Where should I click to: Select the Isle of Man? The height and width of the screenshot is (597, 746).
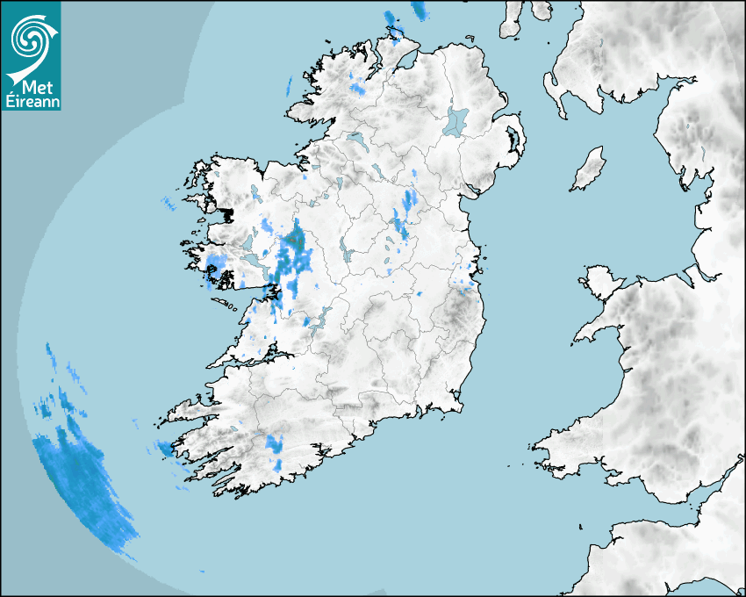point(589,169)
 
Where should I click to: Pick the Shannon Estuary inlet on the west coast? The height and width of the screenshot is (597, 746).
point(255,356)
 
